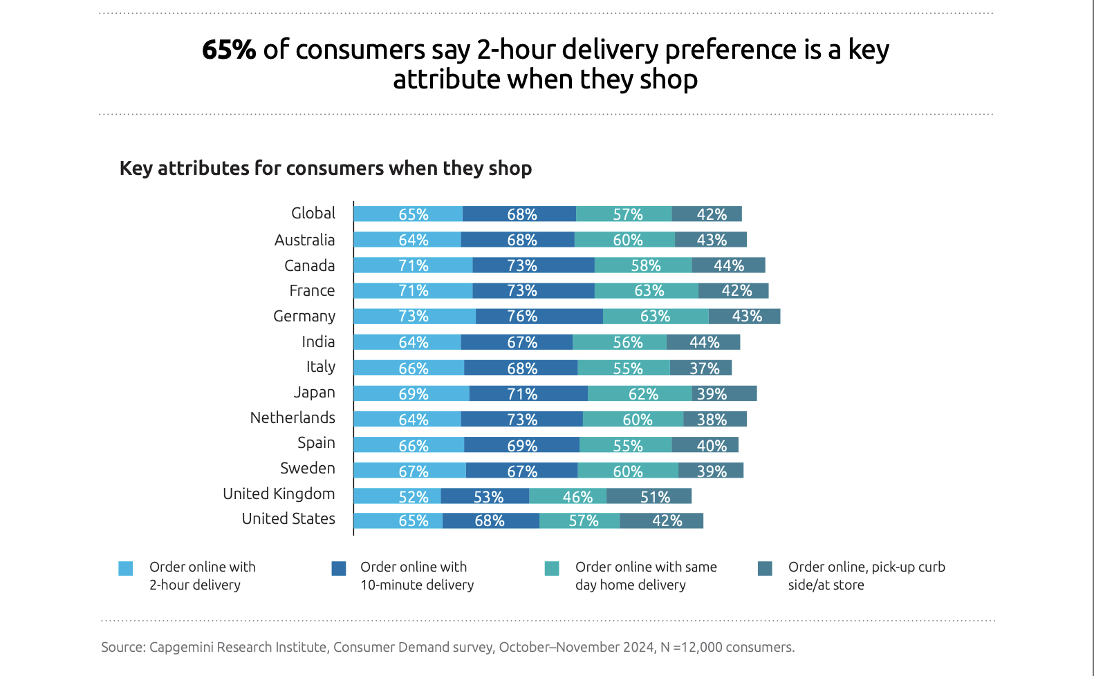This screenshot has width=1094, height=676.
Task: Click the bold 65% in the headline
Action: point(229,50)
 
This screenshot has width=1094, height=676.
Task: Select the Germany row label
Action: point(304,317)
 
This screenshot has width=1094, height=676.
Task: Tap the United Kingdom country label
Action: point(278,494)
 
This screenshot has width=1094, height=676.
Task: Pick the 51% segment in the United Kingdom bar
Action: point(649,496)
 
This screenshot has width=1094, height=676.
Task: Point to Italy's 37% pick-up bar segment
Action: point(701,368)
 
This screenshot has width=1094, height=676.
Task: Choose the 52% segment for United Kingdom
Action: point(397,496)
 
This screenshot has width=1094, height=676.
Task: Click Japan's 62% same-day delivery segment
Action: point(640,393)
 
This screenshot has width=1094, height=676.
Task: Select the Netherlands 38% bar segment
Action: point(715,419)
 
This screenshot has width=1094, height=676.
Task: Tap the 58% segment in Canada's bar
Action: point(643,265)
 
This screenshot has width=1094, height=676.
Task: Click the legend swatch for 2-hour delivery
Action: point(126,568)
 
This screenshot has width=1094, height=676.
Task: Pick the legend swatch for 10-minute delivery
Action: point(339,568)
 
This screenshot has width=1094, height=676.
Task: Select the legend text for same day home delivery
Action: point(645,576)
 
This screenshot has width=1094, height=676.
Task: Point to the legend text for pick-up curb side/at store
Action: point(866,576)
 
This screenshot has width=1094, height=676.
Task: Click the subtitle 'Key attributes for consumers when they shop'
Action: point(326,168)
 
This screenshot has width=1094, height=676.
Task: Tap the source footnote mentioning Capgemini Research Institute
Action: point(447,647)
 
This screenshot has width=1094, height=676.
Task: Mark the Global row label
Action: point(313,214)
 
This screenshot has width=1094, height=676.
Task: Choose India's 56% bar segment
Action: point(620,342)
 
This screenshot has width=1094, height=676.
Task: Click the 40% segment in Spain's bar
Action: point(705,445)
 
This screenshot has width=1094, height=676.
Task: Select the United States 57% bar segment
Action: point(580,520)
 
